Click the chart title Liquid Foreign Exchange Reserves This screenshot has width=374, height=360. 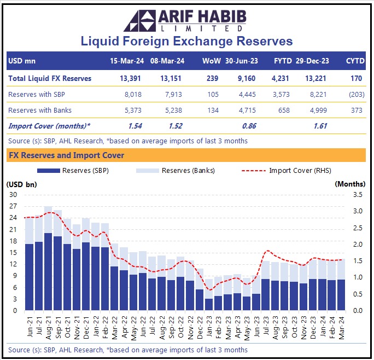coord(186,41)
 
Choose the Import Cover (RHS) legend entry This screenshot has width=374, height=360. coord(299,170)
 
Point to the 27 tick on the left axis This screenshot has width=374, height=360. coord(13,206)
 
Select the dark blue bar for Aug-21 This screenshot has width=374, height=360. coord(48,272)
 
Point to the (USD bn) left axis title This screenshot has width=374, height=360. coord(22,184)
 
